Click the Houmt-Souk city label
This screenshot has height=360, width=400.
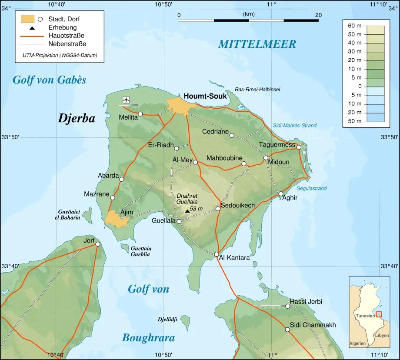point(205,96)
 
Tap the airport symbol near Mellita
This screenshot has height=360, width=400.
point(126,100)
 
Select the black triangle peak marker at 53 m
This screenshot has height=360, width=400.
point(187,211)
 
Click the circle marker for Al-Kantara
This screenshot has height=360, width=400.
point(217,254)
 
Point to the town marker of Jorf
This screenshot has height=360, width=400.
point(98,244)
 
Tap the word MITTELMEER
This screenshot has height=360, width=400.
point(257,44)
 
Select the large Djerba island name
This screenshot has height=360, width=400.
point(77,119)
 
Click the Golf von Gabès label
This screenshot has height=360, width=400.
point(49,80)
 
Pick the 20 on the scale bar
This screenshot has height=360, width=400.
point(318,15)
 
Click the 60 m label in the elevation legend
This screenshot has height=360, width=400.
point(355,26)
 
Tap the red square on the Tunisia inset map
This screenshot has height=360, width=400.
point(379,314)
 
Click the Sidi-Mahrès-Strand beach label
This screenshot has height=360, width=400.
point(295,126)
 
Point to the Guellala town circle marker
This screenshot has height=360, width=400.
point(179,221)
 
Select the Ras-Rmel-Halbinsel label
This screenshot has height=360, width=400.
point(257,89)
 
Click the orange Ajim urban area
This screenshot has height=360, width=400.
point(116,219)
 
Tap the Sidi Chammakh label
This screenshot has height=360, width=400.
point(313,325)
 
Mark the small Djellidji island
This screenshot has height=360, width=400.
point(186,322)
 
